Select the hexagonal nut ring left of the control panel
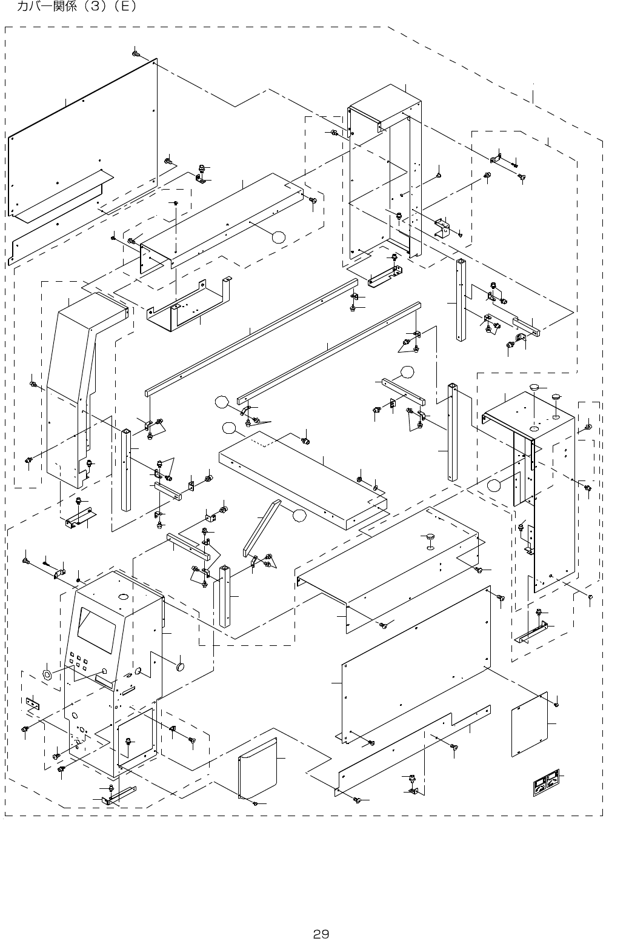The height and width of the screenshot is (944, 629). pyautogui.click(x=47, y=674)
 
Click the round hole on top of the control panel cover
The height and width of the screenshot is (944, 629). pyautogui.click(x=123, y=597)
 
